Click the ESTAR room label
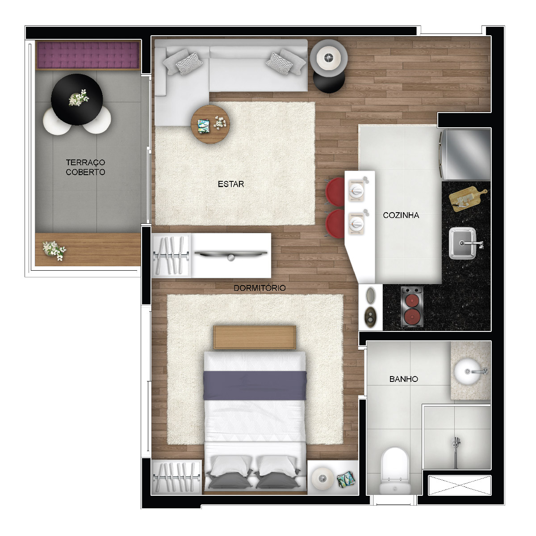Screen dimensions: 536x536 [x=230, y=184]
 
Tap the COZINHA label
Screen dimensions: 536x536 [x=401, y=215]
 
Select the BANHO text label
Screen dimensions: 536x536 [x=404, y=379]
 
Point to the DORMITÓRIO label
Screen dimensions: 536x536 [x=260, y=288]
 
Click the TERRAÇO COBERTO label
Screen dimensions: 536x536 [x=85, y=167]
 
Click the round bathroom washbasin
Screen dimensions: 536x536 [x=468, y=372]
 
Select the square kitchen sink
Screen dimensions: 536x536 [x=462, y=243]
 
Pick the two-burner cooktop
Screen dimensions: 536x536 [x=412, y=307]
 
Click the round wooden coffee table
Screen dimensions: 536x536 [x=210, y=124]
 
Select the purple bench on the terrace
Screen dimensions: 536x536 [x=88, y=55]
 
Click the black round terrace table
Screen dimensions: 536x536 [x=77, y=99]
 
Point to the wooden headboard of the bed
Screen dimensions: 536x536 [x=255, y=337]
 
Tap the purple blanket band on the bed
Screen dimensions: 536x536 [x=255, y=385]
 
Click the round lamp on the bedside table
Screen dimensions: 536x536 [x=322, y=478]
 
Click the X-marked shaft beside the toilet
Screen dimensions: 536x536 [x=460, y=486]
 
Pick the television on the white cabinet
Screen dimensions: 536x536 [x=230, y=254]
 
